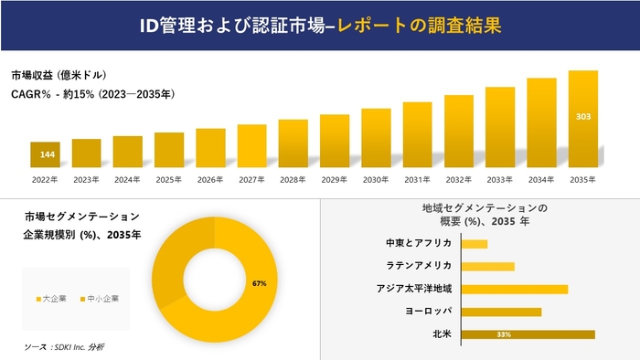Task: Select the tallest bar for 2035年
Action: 582,119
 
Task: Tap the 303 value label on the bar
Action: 582,117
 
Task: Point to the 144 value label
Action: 47,154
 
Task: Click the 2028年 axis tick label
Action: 293,180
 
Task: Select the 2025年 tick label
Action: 169,180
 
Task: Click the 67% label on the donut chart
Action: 259,284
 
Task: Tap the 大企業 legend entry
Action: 51,299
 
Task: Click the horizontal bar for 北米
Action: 528,334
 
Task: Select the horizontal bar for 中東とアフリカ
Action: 475,244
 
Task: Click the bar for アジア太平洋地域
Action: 515,289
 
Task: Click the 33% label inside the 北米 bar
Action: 503,334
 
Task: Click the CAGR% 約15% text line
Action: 92,93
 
